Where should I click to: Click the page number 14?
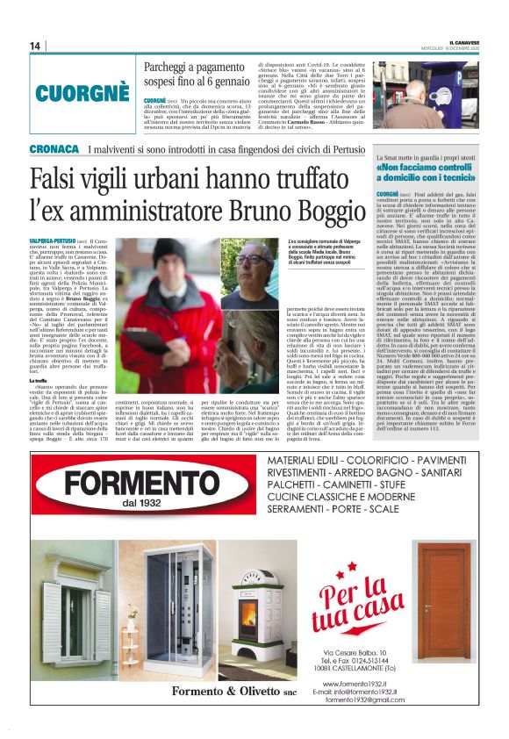pos(34,46)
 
